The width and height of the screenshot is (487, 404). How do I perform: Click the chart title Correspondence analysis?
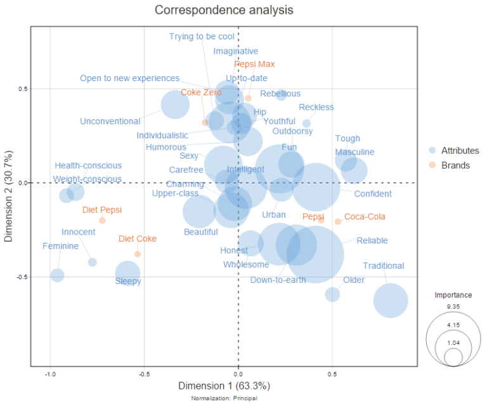click(224, 11)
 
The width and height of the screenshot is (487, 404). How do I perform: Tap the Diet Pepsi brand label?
click(101, 210)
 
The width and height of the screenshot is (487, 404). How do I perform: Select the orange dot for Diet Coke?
click(138, 254)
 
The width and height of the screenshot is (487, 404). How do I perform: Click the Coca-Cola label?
click(364, 217)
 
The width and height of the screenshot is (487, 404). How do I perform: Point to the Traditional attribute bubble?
click(390, 301)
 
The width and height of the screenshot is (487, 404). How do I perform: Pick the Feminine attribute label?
click(60, 246)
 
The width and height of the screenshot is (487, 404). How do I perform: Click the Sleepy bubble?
click(127, 273)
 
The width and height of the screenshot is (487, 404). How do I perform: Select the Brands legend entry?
click(453, 166)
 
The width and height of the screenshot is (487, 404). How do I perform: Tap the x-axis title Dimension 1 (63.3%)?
click(224, 386)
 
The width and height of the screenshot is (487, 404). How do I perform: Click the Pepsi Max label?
click(254, 64)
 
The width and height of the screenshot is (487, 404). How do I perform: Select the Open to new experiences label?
click(129, 79)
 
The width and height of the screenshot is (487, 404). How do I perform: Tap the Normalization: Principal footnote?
click(224, 398)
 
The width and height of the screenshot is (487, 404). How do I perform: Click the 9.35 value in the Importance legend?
click(453, 306)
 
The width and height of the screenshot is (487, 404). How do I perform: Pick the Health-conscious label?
click(88, 166)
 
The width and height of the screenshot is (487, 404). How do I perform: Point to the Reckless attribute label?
click(316, 107)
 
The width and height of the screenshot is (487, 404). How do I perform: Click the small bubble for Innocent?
click(93, 262)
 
